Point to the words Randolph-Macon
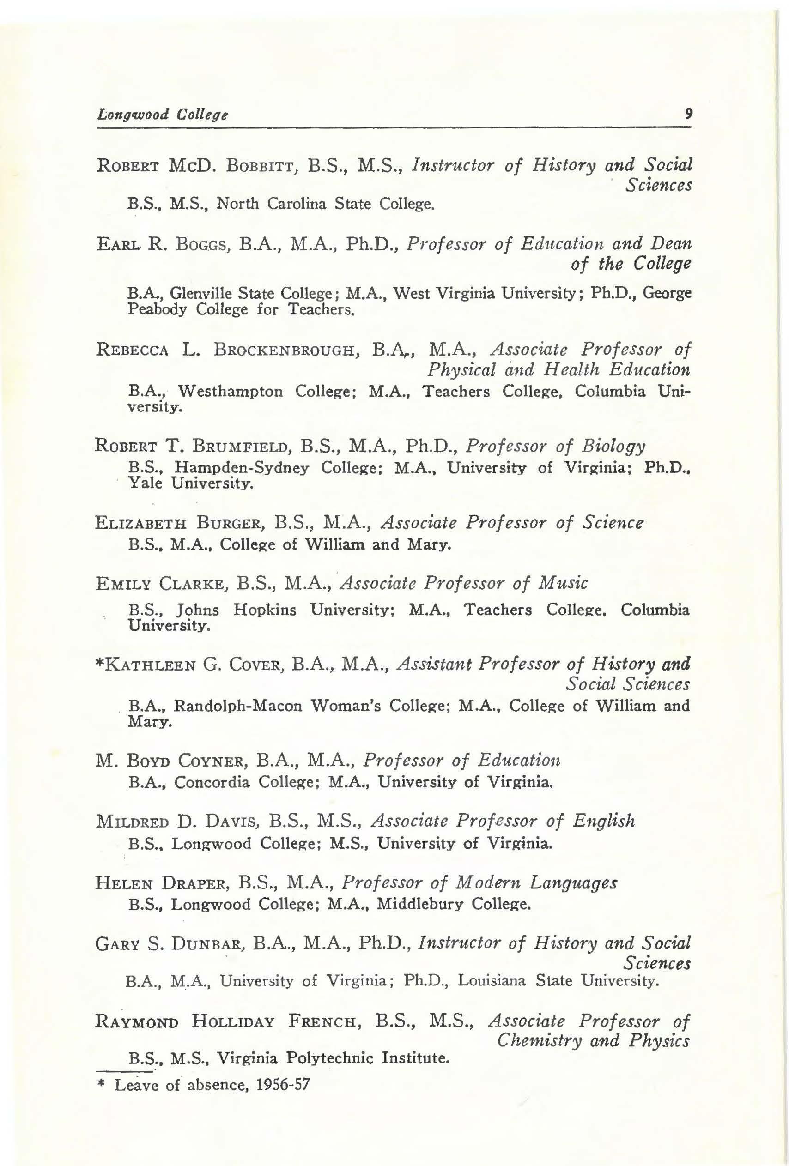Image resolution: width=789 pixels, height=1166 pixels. pyautogui.click(x=238, y=707)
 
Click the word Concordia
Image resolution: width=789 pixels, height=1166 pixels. pyautogui.click(x=212, y=783)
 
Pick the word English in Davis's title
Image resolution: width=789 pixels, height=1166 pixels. pyautogui.click(x=604, y=822)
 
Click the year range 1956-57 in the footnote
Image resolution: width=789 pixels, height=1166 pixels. pyautogui.click(x=283, y=1085)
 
